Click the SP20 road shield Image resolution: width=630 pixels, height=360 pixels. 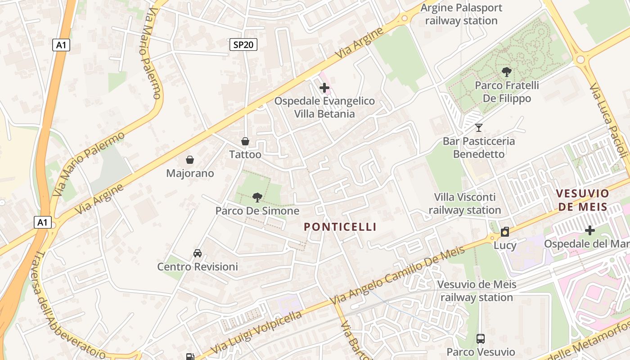tap(243, 45)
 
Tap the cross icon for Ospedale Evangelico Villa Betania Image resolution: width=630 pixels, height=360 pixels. tap(324, 88)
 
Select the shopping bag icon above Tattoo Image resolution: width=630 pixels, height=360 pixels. tap(245, 142)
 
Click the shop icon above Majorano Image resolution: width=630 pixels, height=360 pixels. tap(190, 160)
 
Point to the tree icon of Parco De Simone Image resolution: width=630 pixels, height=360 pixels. tap(257, 197)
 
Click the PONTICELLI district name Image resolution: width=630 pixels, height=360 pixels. tap(340, 227)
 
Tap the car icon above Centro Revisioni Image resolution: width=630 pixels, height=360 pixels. tap(198, 253)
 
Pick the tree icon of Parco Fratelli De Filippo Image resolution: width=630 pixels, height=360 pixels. tap(507, 72)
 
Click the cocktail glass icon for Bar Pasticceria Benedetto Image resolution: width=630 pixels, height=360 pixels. tap(479, 128)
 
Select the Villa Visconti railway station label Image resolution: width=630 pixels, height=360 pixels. tap(465, 203)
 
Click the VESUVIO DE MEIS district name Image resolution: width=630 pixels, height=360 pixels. tap(582, 200)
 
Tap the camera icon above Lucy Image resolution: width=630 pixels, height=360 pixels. tap(505, 232)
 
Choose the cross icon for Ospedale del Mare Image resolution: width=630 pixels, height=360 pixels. tap(589, 230)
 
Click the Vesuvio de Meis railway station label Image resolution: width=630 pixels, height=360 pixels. tap(477, 291)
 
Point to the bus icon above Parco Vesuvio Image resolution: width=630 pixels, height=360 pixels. tap(481, 338)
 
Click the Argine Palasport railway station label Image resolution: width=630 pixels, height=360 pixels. tap(461, 14)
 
